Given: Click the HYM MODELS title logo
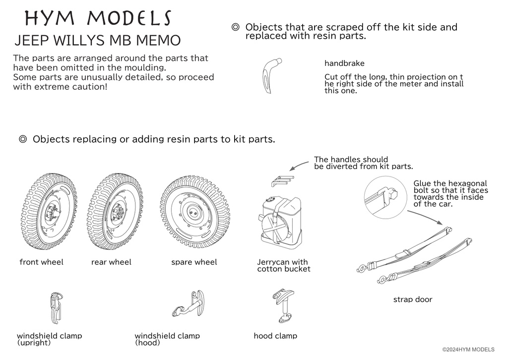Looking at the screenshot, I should click(x=98, y=18).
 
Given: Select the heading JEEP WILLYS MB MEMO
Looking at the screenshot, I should click(x=98, y=40).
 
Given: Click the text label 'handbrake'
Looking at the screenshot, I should click(x=344, y=63).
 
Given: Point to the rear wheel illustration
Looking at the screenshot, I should click(x=115, y=212).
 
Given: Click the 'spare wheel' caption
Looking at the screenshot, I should click(x=194, y=262).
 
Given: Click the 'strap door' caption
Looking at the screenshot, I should click(x=412, y=300).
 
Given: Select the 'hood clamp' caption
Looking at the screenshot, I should click(x=275, y=336).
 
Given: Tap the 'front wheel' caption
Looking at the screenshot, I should click(x=42, y=262).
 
